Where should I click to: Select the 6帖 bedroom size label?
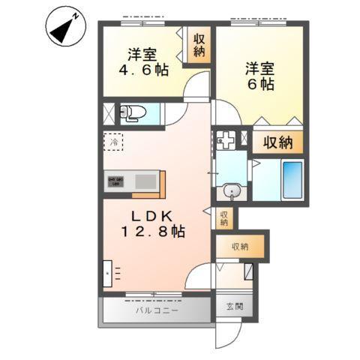(x=259, y=83)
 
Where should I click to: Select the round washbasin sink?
(x=233, y=193)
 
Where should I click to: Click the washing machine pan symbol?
(x=226, y=139)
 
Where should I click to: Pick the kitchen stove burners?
(x=115, y=181)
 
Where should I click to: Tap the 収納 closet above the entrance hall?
(x=239, y=247)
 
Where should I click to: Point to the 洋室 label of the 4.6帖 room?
(x=142, y=54)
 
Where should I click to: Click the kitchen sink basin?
(x=145, y=181)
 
